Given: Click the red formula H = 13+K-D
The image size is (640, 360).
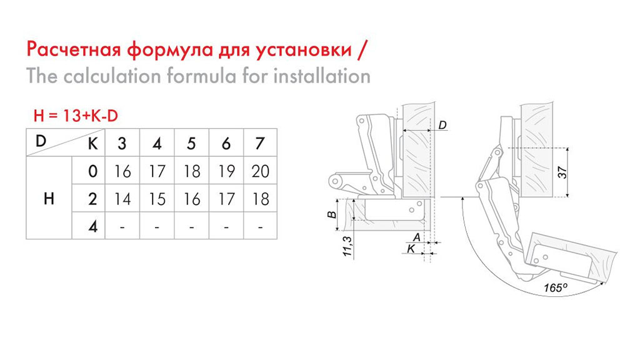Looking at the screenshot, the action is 76,116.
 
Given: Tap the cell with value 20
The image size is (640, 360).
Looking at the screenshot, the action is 261,171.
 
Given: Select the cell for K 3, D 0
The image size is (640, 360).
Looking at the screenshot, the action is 122,171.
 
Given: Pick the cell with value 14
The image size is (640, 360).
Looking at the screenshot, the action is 122,198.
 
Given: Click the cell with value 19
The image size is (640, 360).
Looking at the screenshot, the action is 226,171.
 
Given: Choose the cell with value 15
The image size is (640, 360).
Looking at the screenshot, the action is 157,198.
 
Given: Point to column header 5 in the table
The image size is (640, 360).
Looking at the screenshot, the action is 191,143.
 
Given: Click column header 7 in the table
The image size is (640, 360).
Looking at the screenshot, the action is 260,143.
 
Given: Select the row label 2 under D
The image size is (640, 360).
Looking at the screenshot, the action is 92,199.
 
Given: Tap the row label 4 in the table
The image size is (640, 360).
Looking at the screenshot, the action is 93,226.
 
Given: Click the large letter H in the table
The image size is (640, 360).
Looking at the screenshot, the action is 49,199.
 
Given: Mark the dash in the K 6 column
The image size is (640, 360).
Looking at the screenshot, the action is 226,227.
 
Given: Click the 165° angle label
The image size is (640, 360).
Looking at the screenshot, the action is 555,287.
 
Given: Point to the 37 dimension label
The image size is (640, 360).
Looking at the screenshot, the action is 562,172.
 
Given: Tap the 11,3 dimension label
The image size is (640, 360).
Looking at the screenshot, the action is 347,246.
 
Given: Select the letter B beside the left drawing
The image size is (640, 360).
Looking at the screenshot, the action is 332,215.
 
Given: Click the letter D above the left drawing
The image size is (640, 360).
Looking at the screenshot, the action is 443,125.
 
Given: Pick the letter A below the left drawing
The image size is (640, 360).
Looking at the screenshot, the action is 417,237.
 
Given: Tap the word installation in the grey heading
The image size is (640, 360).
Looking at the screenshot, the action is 322,76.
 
